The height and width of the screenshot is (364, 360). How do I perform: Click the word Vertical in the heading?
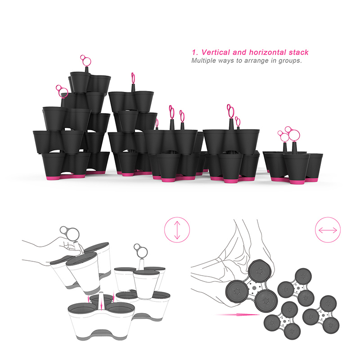pyautogui.click(x=217, y=52)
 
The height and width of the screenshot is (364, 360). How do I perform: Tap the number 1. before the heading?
pyautogui.click(x=195, y=52)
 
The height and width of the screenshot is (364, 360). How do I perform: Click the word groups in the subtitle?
pyautogui.click(x=291, y=60)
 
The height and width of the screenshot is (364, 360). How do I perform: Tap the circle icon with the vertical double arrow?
pyautogui.click(x=177, y=230)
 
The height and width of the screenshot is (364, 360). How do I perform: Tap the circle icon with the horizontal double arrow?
pyautogui.click(x=328, y=230)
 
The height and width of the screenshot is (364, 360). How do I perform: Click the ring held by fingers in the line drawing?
pyautogui.click(x=70, y=233)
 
